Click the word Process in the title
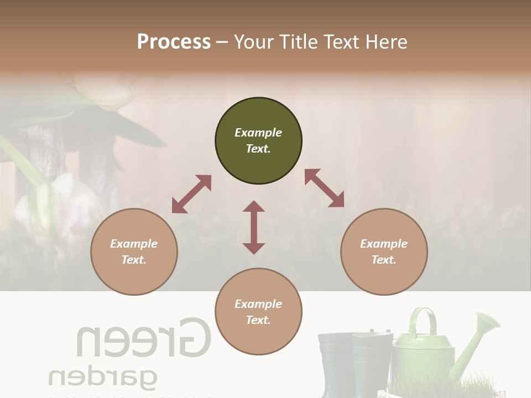[174, 42]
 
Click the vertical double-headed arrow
[254, 227]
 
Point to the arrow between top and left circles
[191, 194]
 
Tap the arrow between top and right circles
[324, 188]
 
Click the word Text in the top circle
[258, 149]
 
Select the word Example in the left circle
[134, 244]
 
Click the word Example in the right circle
[384, 244]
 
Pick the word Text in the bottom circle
[258, 320]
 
